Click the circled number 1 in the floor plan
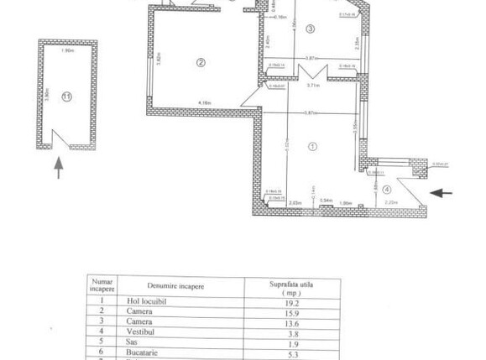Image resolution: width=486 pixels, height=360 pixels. [x=313, y=145]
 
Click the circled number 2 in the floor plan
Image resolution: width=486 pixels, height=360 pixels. [x=201, y=61]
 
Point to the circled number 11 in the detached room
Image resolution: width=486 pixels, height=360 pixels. [x=67, y=97]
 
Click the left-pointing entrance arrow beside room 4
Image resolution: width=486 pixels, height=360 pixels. [x=441, y=193]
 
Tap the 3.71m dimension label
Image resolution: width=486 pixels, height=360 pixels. [x=313, y=85]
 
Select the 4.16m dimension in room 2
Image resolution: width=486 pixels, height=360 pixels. [x=204, y=104]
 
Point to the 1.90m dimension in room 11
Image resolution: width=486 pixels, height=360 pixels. [x=67, y=50]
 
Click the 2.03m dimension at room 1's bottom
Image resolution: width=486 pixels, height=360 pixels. [x=295, y=202]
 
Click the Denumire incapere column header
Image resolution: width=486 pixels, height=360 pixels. [x=176, y=286]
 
